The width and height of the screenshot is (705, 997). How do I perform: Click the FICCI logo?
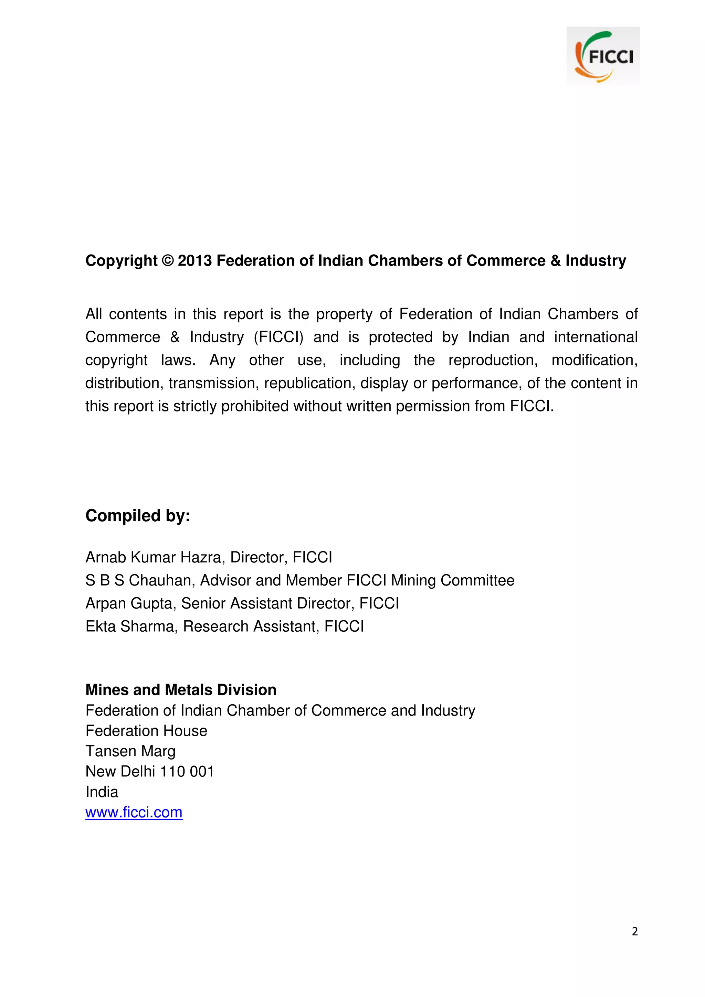(602, 56)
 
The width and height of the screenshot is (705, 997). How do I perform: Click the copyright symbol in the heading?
(167, 260)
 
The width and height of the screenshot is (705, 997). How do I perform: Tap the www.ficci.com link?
(134, 812)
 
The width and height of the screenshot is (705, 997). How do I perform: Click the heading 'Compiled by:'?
(138, 515)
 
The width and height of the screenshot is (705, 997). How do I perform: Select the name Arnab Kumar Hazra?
(155, 557)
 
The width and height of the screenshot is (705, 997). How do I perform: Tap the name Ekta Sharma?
(129, 626)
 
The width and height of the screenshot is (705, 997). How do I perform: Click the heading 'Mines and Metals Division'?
(181, 689)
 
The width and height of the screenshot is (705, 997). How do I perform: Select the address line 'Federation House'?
(146, 731)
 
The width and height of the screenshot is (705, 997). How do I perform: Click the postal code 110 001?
(187, 771)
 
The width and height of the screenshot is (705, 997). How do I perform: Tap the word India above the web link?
(102, 792)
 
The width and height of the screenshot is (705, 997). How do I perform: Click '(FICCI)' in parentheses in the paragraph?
(278, 337)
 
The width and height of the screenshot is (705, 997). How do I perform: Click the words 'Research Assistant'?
(251, 626)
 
